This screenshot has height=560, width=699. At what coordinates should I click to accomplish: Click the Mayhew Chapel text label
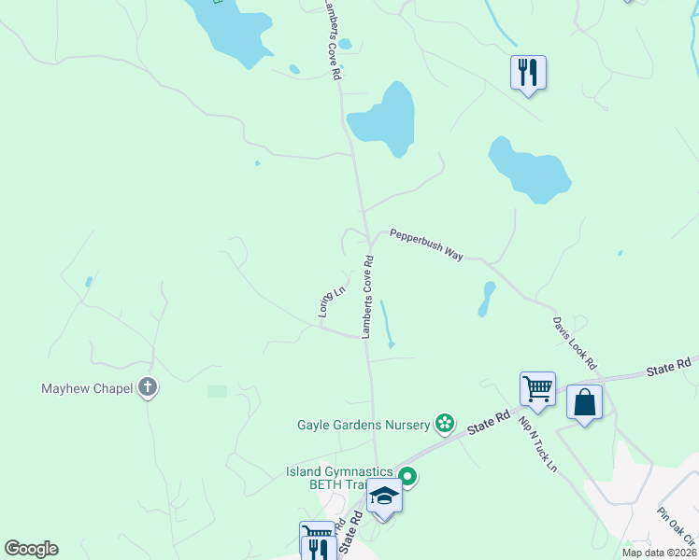[x=88, y=388]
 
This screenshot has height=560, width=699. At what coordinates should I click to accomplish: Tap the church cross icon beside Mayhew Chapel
[x=147, y=386]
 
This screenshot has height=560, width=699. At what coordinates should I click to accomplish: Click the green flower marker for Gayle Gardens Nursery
[x=445, y=424]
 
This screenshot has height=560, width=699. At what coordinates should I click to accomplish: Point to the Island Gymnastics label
[x=340, y=471]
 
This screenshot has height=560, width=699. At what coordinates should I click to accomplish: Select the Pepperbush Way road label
[x=427, y=245]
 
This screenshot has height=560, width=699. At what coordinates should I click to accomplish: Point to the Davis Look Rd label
[x=574, y=342]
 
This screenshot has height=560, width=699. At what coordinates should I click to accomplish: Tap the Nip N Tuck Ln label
[x=538, y=442]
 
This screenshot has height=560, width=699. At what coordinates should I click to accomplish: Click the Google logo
[x=31, y=549]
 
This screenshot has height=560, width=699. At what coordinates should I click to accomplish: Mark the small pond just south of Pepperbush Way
[x=486, y=299]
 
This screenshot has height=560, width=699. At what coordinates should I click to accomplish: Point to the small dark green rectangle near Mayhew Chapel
[x=217, y=391]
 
